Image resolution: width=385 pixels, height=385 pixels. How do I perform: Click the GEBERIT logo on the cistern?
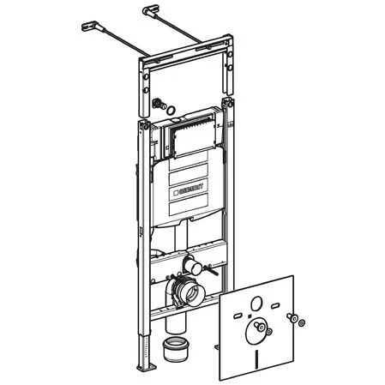pos(188,189)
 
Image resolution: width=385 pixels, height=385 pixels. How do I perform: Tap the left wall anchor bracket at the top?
pos(91,26)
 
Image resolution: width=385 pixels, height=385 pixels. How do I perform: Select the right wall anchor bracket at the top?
pos(151,11)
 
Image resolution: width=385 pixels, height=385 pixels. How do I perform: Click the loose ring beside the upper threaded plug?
pos(171,110)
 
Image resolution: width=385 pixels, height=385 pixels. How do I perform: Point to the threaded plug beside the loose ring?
pos(159,104)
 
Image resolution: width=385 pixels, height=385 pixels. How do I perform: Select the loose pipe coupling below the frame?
pos(174,349)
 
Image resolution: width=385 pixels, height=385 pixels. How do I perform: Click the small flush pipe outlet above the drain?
pos(193,267)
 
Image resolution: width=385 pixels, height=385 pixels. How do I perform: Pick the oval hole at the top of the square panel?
pos(256,304)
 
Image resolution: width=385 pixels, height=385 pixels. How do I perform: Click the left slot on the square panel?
pos(238,316)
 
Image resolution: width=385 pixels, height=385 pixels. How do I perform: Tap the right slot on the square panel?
pos(274,306)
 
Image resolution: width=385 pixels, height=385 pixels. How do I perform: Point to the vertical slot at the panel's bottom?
pos(257,357)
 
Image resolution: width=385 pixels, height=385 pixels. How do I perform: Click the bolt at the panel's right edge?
pos(292,317)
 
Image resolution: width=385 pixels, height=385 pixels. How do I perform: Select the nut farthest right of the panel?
pos(301,323)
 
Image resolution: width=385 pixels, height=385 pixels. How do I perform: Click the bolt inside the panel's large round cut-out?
pos(260,326)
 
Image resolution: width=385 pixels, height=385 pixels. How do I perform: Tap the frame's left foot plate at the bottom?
pos(147,367)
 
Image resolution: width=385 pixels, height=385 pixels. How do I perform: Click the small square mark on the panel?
pos(250,316)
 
